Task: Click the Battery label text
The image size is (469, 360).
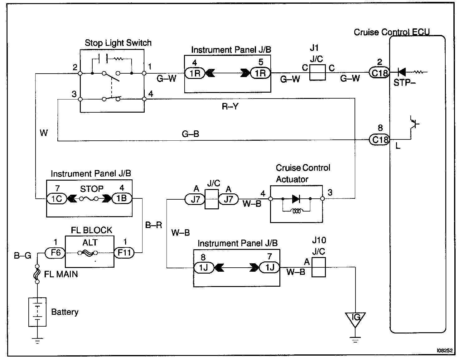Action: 65,312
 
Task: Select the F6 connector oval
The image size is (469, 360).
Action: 56,252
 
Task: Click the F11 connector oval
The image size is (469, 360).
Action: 124,252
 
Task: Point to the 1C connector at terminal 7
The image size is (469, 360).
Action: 56,199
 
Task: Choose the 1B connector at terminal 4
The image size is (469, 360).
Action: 122,198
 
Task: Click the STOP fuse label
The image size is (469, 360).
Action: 92,189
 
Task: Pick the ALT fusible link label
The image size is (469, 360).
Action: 90,242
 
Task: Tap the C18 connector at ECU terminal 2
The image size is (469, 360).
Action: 380,73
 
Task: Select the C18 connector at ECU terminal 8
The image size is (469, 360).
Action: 380,140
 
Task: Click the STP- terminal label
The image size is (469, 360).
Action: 404,83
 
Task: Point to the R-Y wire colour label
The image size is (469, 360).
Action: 230,107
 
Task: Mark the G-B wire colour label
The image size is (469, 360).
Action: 190,134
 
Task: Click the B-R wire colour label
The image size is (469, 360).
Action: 154,225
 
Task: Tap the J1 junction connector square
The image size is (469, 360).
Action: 317,72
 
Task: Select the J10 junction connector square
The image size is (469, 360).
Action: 318,267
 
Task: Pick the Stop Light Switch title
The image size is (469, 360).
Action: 118,43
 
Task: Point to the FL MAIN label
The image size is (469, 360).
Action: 61,275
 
